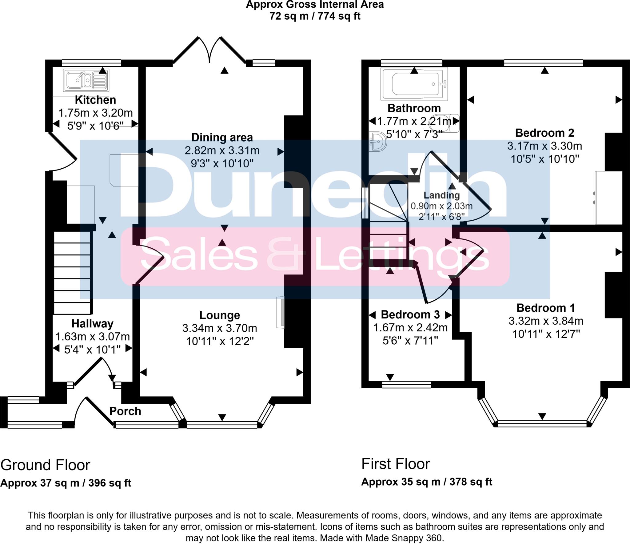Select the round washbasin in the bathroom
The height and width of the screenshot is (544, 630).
click(378, 142)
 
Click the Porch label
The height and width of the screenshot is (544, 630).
click(125, 411)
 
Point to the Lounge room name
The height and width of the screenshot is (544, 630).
click(220, 315)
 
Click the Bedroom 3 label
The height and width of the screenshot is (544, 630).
click(410, 314)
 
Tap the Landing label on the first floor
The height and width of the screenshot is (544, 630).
click(442, 195)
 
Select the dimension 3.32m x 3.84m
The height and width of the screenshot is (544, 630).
click(546, 321)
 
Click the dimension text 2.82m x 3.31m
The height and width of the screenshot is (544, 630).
click(222, 150)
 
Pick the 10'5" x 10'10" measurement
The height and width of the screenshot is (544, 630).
click(545, 159)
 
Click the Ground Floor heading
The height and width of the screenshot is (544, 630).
click(45, 465)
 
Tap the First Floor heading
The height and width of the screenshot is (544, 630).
click(395, 464)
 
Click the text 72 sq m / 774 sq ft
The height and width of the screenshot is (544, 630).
click(315, 16)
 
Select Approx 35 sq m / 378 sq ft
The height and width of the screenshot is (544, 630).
click(427, 482)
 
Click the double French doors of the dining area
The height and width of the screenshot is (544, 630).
click(209, 51)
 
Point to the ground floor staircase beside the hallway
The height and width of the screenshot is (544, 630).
click(73, 272)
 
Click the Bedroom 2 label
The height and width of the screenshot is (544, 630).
click(544, 133)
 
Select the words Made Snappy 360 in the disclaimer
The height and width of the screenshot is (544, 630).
click(404, 538)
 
